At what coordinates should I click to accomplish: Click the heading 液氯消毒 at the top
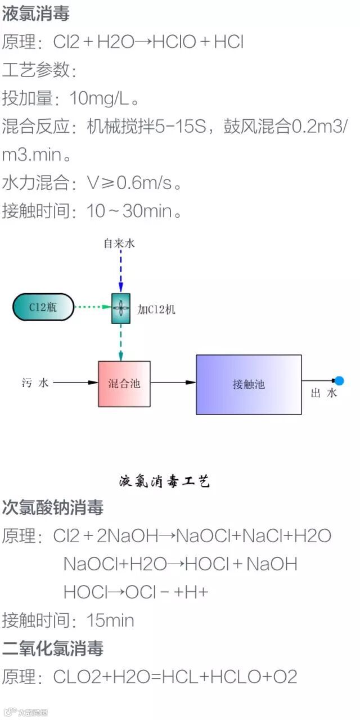click(36, 14)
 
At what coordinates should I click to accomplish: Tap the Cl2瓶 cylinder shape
click(43, 307)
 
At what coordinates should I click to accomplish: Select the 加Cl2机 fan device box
click(121, 308)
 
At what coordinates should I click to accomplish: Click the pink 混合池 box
click(124, 384)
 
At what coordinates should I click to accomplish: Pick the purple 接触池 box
click(248, 385)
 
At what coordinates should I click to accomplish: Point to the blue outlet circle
click(339, 381)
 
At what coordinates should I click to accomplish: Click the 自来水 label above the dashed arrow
click(119, 244)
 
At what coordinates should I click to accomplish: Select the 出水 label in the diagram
click(324, 394)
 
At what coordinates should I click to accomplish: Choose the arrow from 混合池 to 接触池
click(173, 383)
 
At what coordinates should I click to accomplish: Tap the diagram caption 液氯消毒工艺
click(164, 481)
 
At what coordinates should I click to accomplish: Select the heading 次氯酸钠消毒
click(53, 508)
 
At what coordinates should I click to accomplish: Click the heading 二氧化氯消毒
click(53, 649)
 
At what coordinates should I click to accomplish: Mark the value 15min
click(110, 620)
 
